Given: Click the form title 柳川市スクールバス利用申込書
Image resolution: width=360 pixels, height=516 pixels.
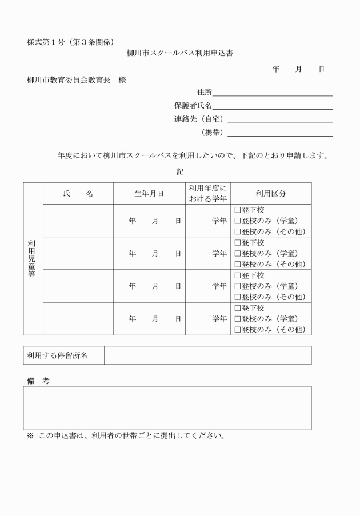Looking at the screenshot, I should (x=179, y=53).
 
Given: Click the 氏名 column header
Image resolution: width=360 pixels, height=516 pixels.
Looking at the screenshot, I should (x=78, y=194).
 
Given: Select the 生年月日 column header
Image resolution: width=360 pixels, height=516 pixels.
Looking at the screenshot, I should (x=149, y=194).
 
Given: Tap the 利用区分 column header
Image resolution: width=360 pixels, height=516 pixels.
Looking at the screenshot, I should (x=271, y=194).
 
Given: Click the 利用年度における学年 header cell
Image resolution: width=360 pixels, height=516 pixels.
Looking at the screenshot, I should (x=207, y=194).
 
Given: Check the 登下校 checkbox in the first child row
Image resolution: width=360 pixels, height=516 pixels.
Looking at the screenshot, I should (x=238, y=210).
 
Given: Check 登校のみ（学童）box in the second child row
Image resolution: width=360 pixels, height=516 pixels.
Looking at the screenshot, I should (x=238, y=254).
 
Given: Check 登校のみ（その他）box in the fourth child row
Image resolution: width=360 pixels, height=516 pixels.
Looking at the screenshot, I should (x=238, y=330).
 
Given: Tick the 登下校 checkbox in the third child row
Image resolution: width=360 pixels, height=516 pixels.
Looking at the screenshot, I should (x=238, y=275).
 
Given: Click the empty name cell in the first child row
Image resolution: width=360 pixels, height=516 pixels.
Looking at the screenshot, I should (x=78, y=221).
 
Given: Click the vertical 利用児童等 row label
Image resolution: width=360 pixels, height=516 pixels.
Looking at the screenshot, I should (x=33, y=258).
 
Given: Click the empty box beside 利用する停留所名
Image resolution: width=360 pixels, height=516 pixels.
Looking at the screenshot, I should (x=207, y=355).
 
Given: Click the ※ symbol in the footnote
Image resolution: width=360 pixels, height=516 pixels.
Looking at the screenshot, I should (x=30, y=436).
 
